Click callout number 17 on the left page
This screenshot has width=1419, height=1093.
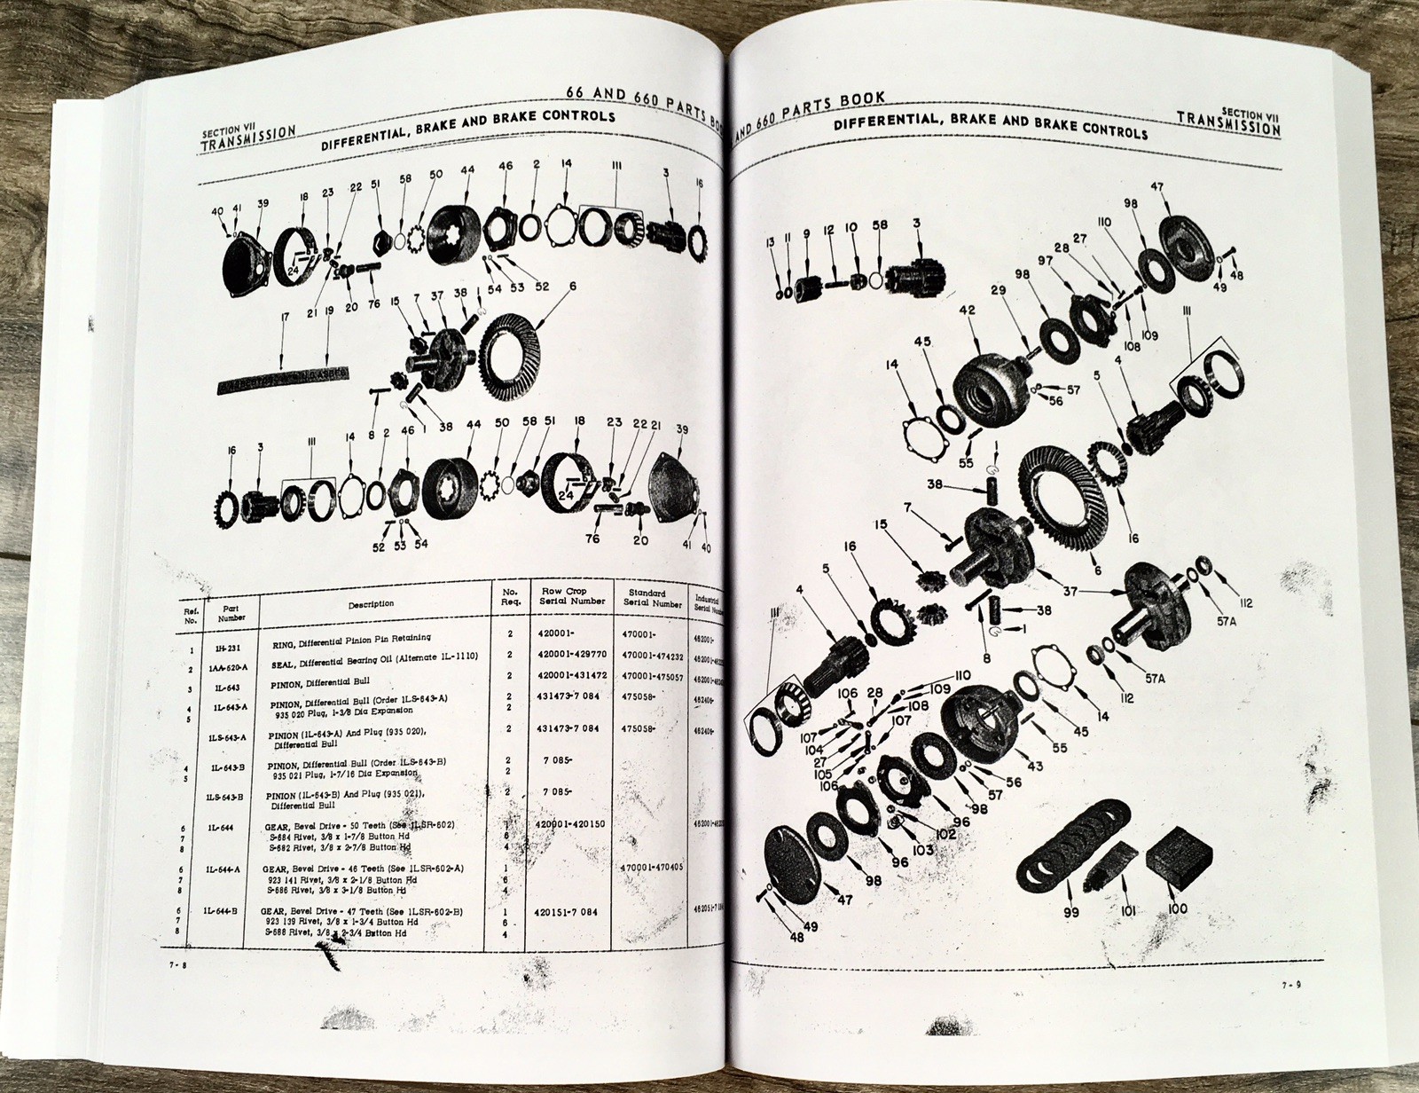(x=283, y=315)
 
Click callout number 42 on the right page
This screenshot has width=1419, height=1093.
(x=967, y=311)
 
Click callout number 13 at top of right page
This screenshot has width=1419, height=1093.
(x=771, y=241)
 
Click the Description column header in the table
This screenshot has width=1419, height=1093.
(x=371, y=603)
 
